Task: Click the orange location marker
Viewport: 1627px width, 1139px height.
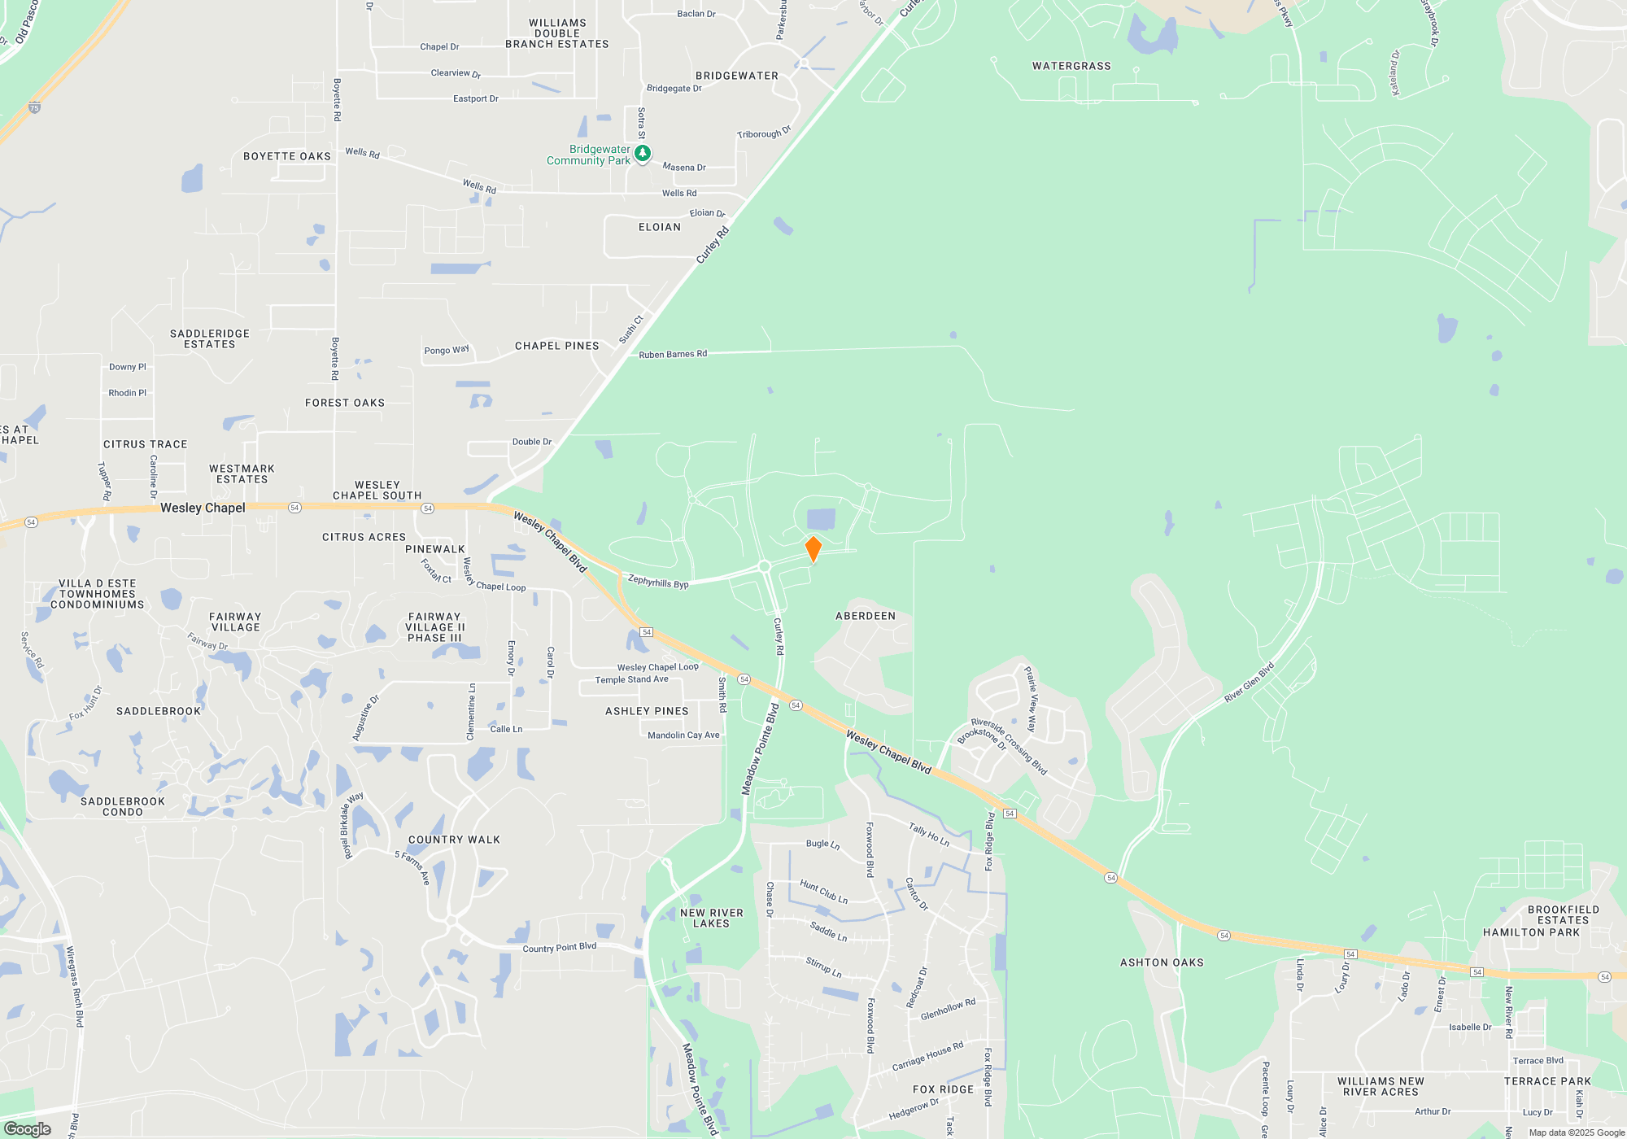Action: click(813, 548)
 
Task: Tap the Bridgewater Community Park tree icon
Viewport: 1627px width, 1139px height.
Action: click(642, 153)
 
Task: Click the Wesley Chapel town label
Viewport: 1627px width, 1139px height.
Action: click(203, 508)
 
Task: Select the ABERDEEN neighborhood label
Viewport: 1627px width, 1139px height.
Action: click(866, 616)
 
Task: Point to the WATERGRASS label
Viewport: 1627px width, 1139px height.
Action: click(1071, 66)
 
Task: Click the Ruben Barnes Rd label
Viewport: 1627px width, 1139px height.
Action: click(673, 354)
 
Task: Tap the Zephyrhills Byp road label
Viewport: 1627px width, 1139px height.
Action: click(658, 582)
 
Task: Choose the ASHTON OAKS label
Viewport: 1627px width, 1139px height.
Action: click(1162, 962)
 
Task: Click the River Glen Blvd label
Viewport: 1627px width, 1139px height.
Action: click(1250, 683)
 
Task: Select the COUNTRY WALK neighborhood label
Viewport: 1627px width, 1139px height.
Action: click(454, 840)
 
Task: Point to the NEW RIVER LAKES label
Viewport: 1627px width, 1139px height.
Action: click(712, 918)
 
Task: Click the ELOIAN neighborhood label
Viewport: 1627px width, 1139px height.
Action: click(660, 227)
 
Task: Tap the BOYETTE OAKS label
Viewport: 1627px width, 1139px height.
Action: click(287, 156)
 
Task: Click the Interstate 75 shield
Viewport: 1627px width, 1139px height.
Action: click(34, 107)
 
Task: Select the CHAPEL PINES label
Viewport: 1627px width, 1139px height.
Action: click(557, 346)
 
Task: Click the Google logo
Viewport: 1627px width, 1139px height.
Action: click(28, 1128)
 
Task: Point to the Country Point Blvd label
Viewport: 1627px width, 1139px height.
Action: click(559, 948)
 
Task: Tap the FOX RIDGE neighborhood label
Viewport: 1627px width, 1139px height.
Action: click(943, 1089)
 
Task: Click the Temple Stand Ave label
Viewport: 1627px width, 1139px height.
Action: click(631, 679)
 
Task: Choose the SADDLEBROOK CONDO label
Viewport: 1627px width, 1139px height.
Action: click(123, 806)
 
